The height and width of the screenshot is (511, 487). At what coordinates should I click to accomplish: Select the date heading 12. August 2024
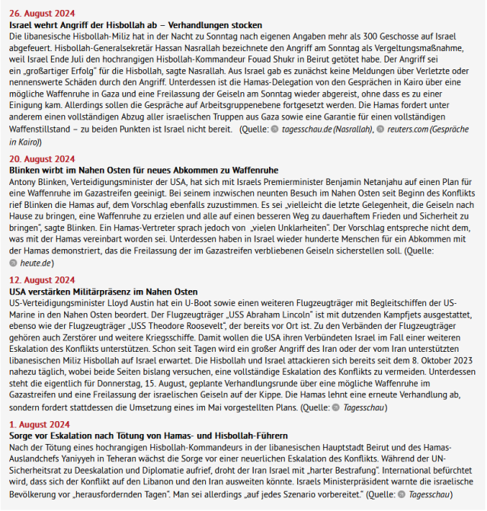tap(41, 280)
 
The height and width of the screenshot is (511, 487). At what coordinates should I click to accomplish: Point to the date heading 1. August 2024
tap(39, 424)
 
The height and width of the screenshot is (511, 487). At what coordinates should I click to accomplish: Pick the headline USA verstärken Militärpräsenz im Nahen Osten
tap(104, 292)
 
